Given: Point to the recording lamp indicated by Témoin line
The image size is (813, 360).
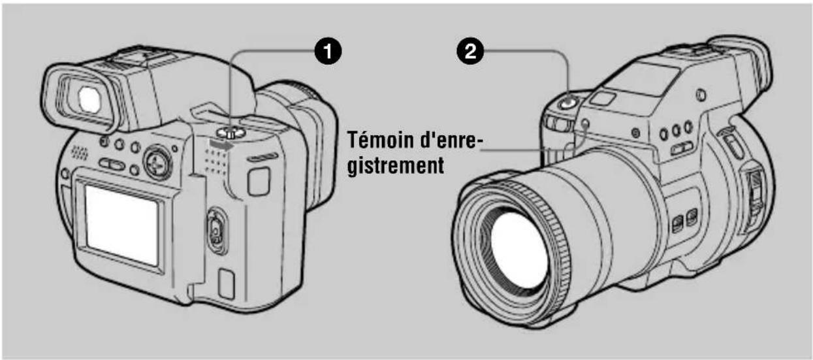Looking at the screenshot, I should pyautogui.click(x=584, y=123).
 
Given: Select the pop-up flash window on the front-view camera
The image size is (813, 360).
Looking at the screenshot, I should pyautogui.click(x=604, y=98).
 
